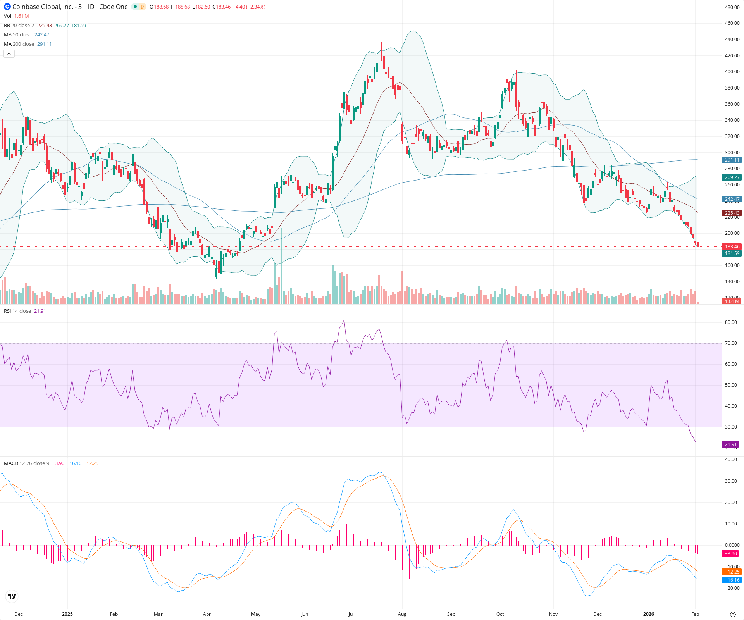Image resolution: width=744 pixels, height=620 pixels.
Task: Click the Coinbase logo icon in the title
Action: (x=7, y=7)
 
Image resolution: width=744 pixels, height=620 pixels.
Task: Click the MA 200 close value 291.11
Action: (x=45, y=44)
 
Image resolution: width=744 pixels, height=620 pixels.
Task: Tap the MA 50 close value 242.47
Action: (x=42, y=34)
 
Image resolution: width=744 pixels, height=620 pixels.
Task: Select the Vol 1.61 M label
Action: (x=16, y=16)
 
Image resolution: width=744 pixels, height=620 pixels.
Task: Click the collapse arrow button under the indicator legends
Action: (x=9, y=54)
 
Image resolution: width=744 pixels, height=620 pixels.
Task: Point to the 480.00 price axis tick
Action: (x=732, y=7)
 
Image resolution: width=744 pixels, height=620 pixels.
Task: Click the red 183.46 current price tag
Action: (x=732, y=246)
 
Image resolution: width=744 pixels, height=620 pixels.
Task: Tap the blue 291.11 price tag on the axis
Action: (x=732, y=160)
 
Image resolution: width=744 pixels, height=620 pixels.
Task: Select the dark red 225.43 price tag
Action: (x=732, y=213)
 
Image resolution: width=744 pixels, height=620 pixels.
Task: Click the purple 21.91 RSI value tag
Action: (x=731, y=444)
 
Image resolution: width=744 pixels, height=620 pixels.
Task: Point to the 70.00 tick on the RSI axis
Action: (x=731, y=343)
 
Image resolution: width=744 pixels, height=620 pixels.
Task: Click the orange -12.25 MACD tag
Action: (x=732, y=572)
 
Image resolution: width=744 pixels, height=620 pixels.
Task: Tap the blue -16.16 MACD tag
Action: (x=732, y=580)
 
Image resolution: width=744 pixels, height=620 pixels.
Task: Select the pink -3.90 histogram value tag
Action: (x=731, y=553)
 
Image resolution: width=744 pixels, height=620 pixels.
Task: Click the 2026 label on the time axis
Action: (x=648, y=614)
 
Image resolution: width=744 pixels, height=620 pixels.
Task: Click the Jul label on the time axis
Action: (x=351, y=614)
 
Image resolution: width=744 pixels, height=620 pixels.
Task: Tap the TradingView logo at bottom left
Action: (x=12, y=596)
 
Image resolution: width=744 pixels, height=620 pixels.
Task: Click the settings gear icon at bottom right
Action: (x=733, y=614)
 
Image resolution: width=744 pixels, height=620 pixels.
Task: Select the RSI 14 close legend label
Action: (x=17, y=311)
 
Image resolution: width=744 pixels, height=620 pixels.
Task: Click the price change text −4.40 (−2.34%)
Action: (x=249, y=7)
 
